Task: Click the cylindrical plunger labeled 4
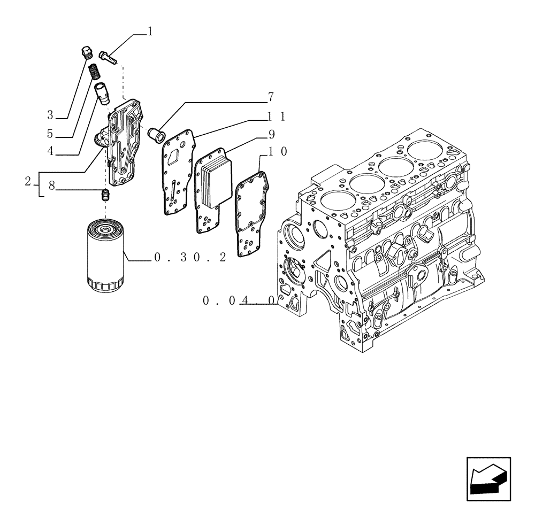[x=102, y=91]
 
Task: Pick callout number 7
[x=271, y=97]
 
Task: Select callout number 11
[x=277, y=117]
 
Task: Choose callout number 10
[x=277, y=152]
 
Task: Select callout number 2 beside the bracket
[x=27, y=182]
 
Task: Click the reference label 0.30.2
[x=189, y=258]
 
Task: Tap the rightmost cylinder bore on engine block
[x=426, y=152]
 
